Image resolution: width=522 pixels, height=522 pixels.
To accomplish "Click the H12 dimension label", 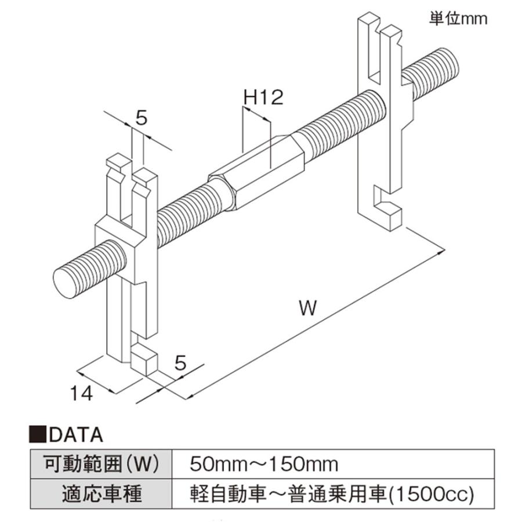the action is pyautogui.click(x=263, y=97).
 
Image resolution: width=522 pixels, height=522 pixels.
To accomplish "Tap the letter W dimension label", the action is pyautogui.click(x=307, y=308).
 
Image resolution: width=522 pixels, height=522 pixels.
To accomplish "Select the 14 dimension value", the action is pyautogui.click(x=81, y=393).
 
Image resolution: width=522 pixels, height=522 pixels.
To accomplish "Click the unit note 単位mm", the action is pyautogui.click(x=458, y=19).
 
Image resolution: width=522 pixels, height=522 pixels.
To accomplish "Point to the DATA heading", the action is pyautogui.click(x=76, y=435).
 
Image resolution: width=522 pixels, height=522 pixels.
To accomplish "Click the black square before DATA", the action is pyautogui.click(x=38, y=435).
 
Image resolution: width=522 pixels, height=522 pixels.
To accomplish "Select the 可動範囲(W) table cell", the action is pyautogui.click(x=101, y=464).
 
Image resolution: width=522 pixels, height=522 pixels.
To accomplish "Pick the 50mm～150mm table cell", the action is pyautogui.click(x=332, y=464).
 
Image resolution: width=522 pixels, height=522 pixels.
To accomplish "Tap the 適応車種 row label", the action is pyautogui.click(x=101, y=494).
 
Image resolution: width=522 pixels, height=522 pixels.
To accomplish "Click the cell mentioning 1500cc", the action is pyautogui.click(x=332, y=494).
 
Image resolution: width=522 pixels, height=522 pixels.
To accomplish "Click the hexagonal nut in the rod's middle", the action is pyautogui.click(x=256, y=173).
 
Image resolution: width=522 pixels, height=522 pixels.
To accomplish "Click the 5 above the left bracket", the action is pyautogui.click(x=142, y=118).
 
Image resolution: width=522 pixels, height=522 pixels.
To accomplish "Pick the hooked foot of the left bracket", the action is pyautogui.click(x=144, y=358).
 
